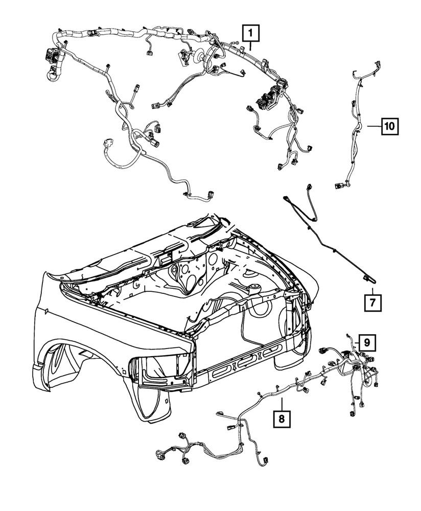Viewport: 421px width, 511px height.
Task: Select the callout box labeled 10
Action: tap(389, 126)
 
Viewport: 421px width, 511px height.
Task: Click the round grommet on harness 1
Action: tap(198, 54)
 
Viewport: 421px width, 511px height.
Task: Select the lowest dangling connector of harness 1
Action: tap(210, 194)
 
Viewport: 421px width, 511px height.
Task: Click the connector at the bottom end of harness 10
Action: tap(339, 187)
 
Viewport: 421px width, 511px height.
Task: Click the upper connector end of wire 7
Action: tap(310, 188)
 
